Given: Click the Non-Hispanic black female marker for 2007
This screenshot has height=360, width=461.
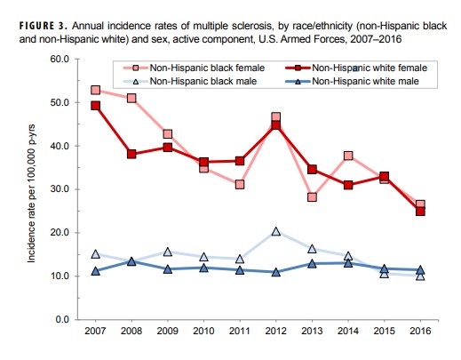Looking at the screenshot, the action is (95, 90).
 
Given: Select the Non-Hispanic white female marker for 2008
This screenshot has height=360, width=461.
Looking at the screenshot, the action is (131, 154).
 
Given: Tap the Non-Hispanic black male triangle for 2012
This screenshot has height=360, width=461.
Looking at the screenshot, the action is (275, 231).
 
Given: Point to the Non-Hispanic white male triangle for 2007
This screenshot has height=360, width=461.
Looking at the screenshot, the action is (95, 271).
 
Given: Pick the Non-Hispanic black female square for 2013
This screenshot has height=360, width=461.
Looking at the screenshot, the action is (312, 197).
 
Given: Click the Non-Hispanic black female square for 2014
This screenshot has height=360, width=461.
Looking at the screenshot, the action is (348, 156).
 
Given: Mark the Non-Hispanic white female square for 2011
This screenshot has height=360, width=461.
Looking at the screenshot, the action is (240, 161).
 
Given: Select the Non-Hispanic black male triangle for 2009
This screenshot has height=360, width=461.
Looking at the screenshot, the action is (168, 252).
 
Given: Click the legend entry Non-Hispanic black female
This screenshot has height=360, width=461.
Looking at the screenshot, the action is (194, 68).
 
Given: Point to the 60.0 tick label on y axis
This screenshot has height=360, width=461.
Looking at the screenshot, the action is (60, 59).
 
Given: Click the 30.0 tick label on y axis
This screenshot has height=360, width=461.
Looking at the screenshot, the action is (60, 189).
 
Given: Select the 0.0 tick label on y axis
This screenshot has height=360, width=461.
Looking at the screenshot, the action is (62, 319).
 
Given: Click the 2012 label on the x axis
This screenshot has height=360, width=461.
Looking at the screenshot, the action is (275, 331).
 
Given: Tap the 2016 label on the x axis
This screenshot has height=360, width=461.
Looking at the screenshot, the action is (420, 331).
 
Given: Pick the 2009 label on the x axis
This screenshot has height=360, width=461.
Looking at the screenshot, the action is (168, 331).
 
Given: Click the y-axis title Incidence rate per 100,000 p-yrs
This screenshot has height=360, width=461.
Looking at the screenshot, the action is (31, 194).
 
